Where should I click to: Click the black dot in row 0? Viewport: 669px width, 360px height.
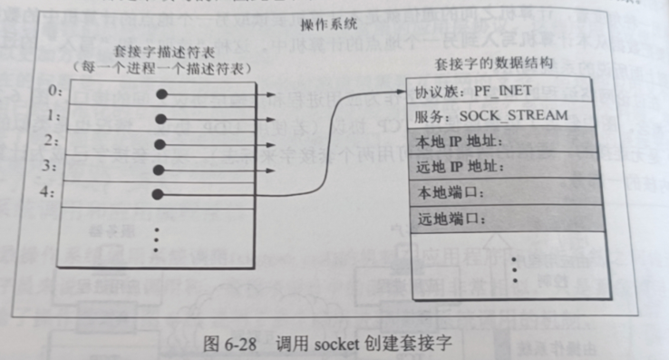point(161,93)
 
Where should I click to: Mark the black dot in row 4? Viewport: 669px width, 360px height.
point(161,193)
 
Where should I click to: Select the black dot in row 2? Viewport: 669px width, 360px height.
point(161,143)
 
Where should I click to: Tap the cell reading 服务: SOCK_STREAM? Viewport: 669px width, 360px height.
point(490,117)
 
